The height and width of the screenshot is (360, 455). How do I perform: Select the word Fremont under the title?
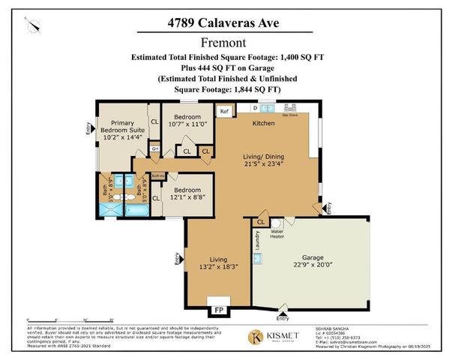[x=227, y=42]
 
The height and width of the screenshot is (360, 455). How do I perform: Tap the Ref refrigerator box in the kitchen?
[x=224, y=112]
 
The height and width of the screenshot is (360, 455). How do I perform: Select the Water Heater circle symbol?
[x=276, y=223]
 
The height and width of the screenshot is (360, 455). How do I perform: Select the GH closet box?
[x=154, y=148]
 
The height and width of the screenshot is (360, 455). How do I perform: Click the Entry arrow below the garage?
[x=282, y=306]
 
